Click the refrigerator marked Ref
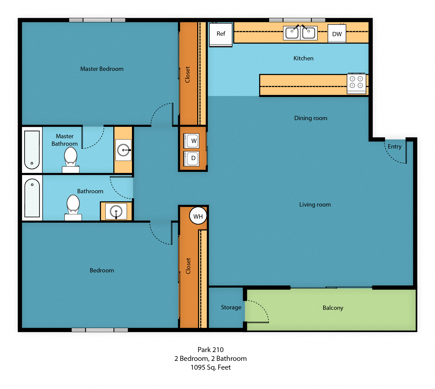(221, 34)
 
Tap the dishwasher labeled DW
(337, 34)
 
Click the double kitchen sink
(300, 33)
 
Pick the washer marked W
(192, 141)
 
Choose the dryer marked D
(192, 158)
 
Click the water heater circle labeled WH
(198, 216)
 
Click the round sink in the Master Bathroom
(123, 150)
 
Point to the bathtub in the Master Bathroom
(32, 150)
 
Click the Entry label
(394, 147)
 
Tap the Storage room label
(231, 307)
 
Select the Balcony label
(333, 308)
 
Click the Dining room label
(311, 118)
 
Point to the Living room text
(315, 205)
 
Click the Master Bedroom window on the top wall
(97, 20)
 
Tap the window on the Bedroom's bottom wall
(100, 330)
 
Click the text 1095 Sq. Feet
(211, 367)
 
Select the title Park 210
(211, 350)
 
